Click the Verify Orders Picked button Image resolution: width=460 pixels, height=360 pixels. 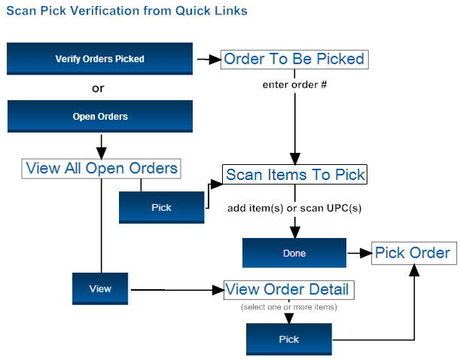pos(99,59)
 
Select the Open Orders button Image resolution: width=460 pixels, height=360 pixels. pos(99,117)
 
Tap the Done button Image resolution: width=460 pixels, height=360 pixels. pos(294,253)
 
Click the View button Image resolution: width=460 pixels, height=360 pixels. pos(100,288)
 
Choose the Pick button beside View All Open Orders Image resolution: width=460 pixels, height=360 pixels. pos(161,208)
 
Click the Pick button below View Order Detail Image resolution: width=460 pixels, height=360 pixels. pos(289,340)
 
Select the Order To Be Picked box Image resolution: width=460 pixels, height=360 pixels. pos(294,59)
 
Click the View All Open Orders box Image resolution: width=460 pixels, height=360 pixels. pos(102,168)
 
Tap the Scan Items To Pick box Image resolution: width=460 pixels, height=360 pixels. pos(295,175)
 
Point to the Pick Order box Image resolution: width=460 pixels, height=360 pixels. pos(413,253)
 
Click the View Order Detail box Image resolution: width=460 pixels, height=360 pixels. pos(288,290)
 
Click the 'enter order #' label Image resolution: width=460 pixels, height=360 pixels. pos(294,84)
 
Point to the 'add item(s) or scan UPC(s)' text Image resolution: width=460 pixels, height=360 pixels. pos(294,208)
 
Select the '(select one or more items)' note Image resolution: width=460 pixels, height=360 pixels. pos(288,307)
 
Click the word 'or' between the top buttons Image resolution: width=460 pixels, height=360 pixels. pos(98,88)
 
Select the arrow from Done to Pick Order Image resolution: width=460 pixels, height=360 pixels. pos(358,253)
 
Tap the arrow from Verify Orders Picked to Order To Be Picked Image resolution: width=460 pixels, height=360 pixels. pos(207,59)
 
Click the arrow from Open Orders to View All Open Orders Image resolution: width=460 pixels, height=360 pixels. pos(100,145)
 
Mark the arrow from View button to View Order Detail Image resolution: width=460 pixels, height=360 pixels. pos(177,289)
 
